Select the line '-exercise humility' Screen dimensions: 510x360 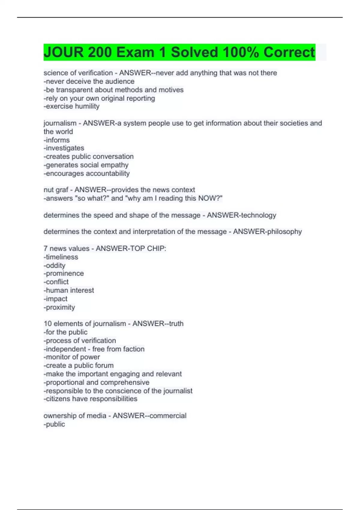[x=71, y=106]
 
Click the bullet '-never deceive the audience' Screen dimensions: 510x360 [x=89, y=81]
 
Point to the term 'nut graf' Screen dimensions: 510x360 [x=56, y=190]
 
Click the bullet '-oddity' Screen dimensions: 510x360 [x=55, y=265]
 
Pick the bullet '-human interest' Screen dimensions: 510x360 [x=69, y=290]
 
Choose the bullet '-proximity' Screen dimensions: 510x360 [x=59, y=307]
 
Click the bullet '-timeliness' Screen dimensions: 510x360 [x=61, y=257]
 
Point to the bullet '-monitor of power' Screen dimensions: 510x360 [x=72, y=357]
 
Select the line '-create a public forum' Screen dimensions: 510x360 [x=79, y=365]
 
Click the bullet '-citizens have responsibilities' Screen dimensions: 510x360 [x=90, y=399]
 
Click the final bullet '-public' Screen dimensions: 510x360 [x=54, y=424]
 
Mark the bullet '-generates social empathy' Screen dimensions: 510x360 [x=86, y=165]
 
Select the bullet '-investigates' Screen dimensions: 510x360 [x=64, y=148]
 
